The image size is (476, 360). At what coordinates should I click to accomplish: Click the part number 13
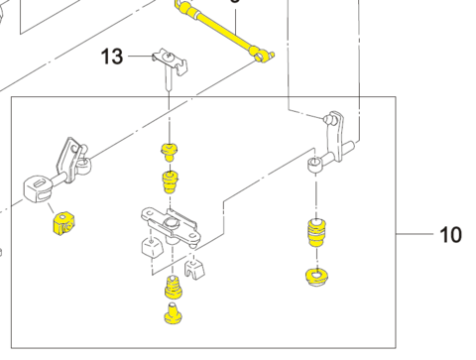(x=112, y=57)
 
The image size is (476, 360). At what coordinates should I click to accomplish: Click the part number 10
(x=450, y=235)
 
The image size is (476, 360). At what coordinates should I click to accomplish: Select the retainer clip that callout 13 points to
(x=170, y=62)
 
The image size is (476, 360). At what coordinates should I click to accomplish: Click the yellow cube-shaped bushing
(x=63, y=224)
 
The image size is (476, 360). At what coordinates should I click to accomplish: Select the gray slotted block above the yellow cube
(x=38, y=187)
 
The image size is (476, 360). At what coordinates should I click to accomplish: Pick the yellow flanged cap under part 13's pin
(x=170, y=152)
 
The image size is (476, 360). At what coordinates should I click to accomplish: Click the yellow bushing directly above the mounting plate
(x=170, y=181)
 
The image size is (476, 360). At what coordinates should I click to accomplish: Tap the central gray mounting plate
(x=171, y=226)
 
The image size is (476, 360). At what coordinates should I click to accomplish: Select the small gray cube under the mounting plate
(x=153, y=248)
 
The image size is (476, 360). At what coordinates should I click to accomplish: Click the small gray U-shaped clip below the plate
(x=194, y=269)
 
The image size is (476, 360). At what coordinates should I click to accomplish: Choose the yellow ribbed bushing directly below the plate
(x=173, y=287)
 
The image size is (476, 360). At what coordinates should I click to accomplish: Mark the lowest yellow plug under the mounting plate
(x=173, y=313)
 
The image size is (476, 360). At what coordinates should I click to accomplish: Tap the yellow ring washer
(x=316, y=277)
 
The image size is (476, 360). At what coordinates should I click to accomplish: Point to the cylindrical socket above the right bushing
(x=314, y=166)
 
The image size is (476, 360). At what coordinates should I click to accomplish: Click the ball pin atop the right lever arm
(x=329, y=118)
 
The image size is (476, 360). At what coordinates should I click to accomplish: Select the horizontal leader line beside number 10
(x=415, y=234)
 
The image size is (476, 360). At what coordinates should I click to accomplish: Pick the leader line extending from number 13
(x=141, y=57)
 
